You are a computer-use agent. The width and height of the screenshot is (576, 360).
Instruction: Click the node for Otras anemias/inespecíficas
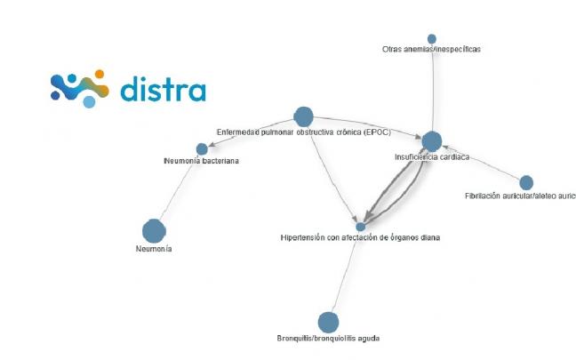point(432,39)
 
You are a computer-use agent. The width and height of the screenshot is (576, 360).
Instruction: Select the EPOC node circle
point(303,116)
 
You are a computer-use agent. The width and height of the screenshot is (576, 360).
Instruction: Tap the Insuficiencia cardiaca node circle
point(431,140)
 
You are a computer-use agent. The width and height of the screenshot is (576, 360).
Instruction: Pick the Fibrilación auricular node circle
point(526,182)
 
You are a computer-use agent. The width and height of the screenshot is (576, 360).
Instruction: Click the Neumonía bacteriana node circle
point(202,148)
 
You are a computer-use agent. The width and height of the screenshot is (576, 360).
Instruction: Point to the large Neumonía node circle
point(154,230)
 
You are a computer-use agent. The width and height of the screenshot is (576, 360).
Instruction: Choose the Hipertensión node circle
point(360,227)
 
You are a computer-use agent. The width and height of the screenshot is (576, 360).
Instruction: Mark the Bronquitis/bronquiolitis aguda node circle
point(328,322)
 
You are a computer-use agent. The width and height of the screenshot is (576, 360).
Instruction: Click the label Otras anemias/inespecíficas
point(431,50)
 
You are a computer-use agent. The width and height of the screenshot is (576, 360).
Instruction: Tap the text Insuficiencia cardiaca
point(431,157)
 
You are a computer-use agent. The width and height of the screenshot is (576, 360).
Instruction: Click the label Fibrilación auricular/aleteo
point(519,196)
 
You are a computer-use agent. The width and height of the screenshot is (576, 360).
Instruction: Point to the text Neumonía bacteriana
point(202,161)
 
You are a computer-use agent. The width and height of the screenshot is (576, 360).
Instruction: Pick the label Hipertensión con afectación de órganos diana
point(360,238)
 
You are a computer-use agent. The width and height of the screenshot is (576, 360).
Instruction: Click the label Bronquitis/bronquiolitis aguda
point(328,338)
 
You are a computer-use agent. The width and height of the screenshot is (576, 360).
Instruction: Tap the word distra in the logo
point(163,90)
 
